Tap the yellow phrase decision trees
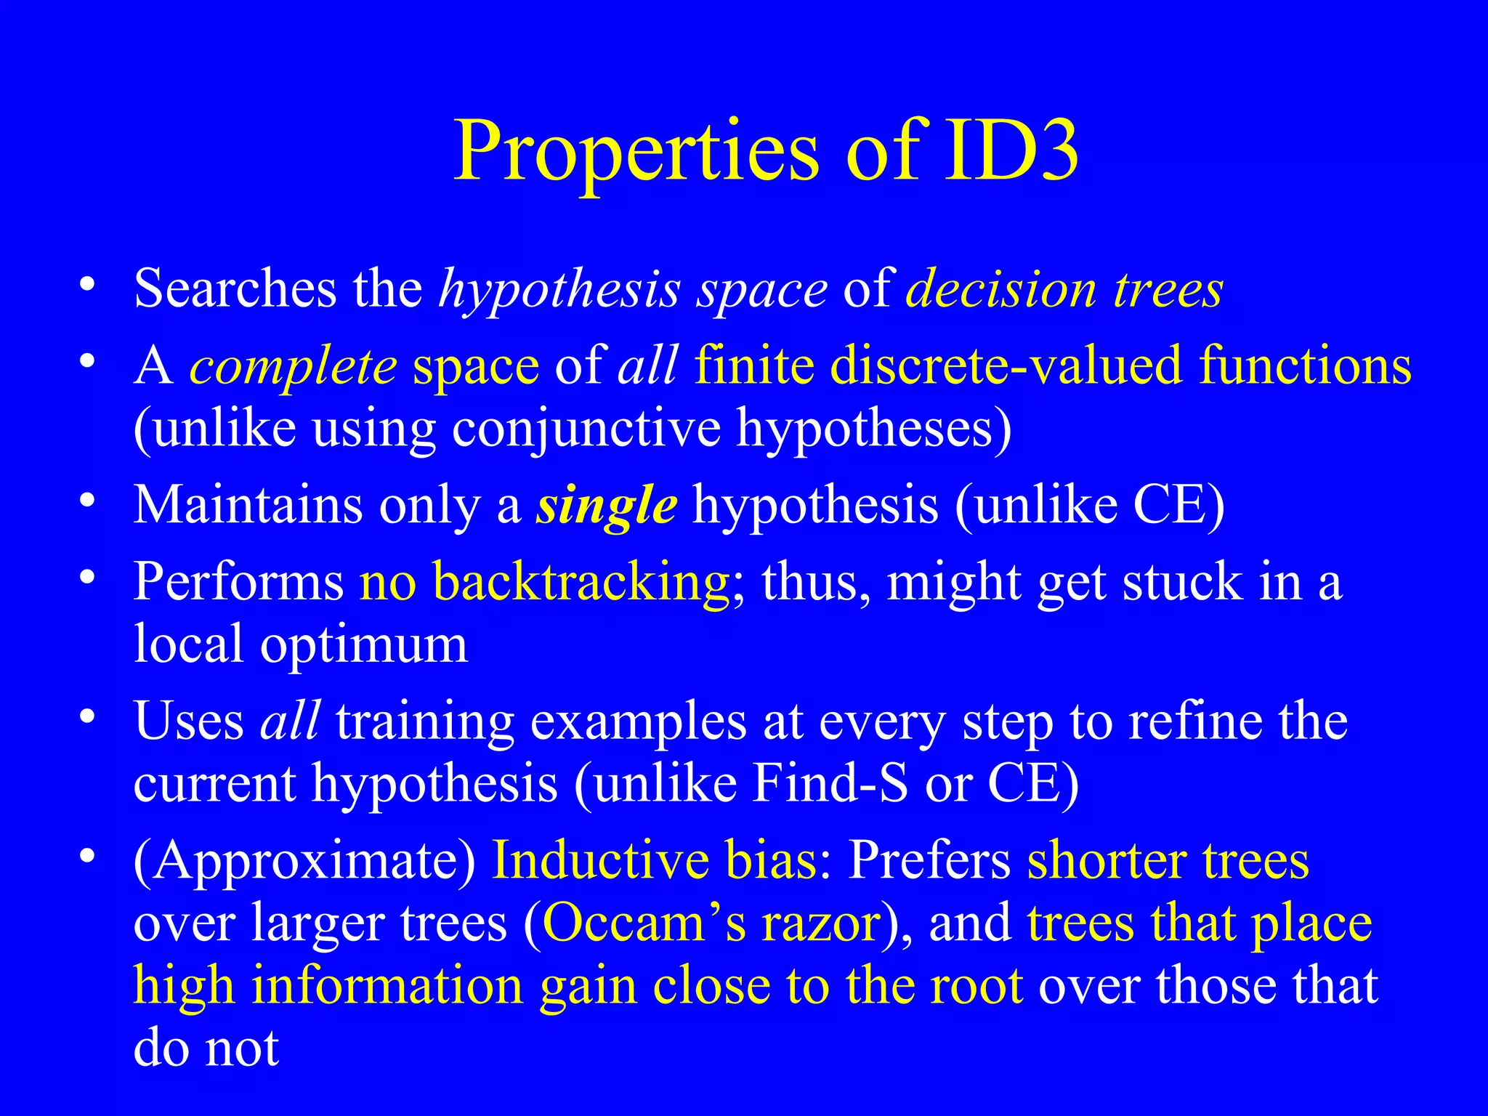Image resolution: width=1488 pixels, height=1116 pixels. coord(1064,289)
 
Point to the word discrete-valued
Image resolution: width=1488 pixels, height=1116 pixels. coord(1006,365)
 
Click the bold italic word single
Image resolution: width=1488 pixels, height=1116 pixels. coord(607,505)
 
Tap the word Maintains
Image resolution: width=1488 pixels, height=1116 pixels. coord(248,504)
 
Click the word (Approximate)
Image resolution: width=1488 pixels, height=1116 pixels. coord(304,862)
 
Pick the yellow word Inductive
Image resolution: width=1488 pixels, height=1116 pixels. coord(600,860)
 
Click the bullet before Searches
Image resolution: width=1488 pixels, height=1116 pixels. coord(88,284)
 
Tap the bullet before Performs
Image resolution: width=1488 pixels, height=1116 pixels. coord(88,578)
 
